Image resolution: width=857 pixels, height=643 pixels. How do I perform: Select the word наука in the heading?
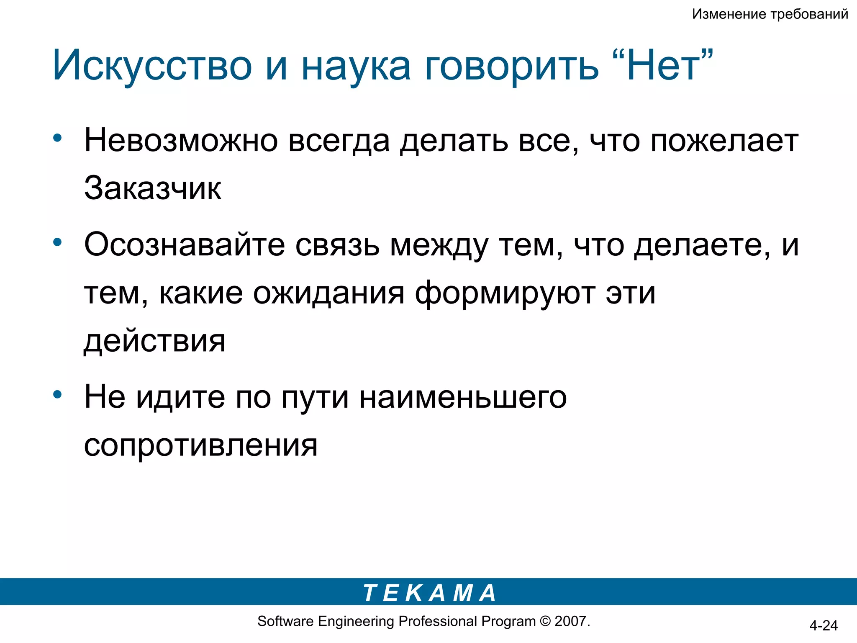coord(356,67)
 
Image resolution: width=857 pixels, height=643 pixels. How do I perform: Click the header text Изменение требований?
coord(770,14)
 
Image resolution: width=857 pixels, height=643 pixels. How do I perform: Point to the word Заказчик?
coord(153,188)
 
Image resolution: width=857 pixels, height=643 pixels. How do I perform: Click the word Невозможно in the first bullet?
coord(181,141)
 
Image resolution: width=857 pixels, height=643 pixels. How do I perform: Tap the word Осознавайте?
coord(185,244)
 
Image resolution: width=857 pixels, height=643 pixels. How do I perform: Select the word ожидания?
coord(329,293)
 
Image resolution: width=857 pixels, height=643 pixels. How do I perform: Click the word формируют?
coord(505,293)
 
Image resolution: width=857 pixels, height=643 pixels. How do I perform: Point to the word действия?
coord(155,341)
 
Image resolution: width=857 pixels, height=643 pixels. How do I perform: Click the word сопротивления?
coord(201,445)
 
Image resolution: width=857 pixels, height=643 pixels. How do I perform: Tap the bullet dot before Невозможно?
coord(58,138)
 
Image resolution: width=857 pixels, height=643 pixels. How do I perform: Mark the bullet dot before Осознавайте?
coord(58,242)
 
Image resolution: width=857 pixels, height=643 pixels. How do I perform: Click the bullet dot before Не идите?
coord(58,394)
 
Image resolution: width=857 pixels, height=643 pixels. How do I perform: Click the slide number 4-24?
coord(823,625)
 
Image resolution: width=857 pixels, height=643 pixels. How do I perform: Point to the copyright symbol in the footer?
coord(545,621)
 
